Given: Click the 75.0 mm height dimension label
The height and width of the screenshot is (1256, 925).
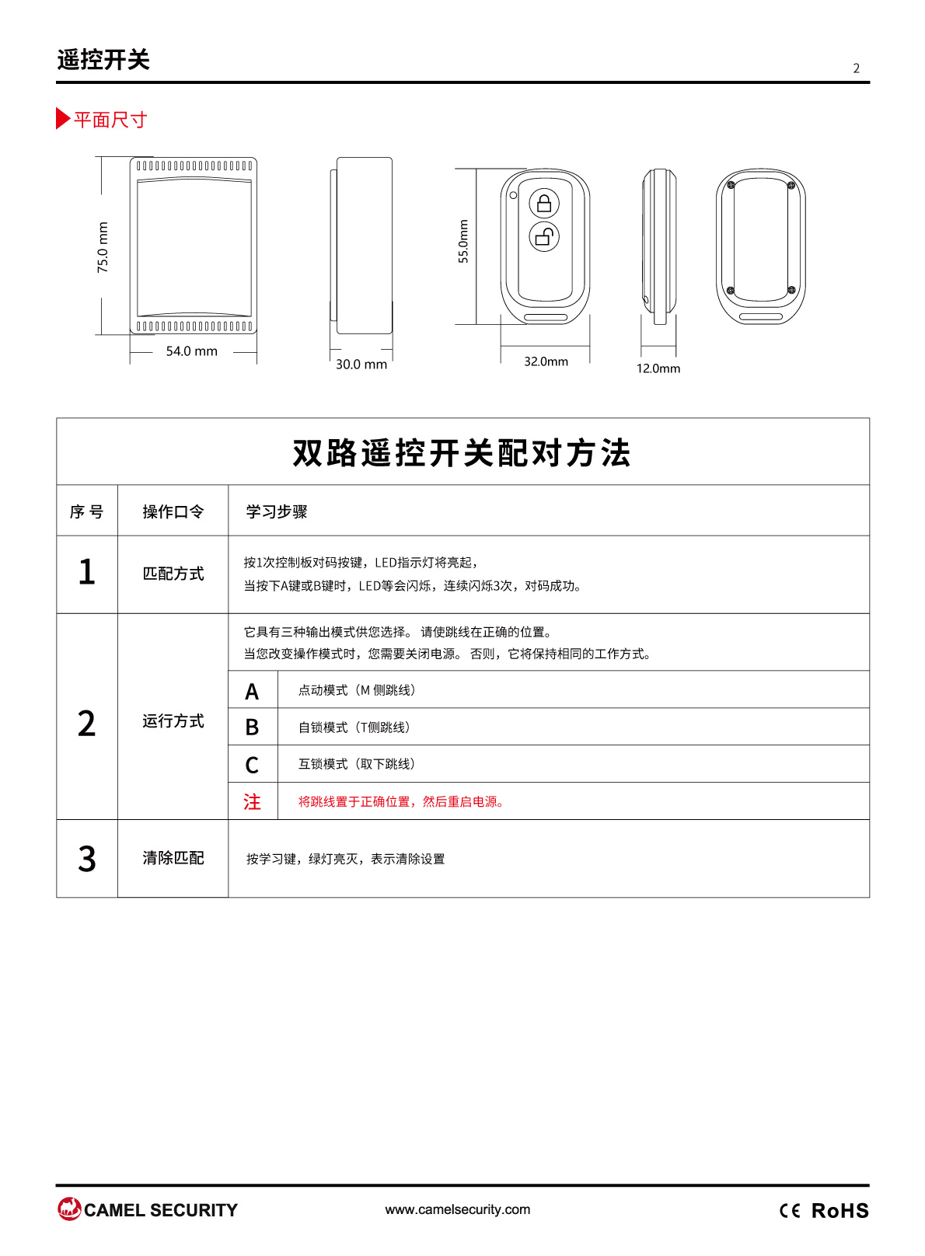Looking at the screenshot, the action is point(103,247).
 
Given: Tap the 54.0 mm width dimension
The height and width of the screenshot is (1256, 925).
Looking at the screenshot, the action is point(192,351).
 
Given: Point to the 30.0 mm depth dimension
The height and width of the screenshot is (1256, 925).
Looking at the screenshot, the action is point(361,365).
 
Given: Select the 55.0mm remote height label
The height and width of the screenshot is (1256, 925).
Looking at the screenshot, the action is point(463,241).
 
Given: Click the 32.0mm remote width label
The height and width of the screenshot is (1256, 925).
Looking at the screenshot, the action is point(546,361).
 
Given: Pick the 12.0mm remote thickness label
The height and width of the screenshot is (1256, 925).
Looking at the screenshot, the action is point(658,368).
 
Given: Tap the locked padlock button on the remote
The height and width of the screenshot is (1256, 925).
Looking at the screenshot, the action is point(544,203).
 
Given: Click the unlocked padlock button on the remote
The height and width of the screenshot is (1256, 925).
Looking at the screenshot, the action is point(544,236).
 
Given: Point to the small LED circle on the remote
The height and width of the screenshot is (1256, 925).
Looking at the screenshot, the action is point(513,195).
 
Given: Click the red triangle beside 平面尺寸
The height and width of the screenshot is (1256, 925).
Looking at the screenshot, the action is point(63,118).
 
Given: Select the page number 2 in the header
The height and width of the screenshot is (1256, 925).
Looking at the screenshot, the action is point(856,68).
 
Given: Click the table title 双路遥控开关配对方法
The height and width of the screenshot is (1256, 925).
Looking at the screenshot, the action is point(462,452).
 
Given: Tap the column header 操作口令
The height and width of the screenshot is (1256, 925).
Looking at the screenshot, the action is point(173,511).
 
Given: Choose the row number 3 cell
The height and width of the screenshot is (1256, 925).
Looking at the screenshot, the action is point(87,859).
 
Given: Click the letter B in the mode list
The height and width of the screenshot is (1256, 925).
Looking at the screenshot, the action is point(253,727).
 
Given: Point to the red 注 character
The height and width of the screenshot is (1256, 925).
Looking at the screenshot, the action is point(253,801).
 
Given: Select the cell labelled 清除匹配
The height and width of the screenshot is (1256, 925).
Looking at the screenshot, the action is point(173,858).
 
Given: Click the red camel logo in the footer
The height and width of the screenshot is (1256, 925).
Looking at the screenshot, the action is point(69,1209).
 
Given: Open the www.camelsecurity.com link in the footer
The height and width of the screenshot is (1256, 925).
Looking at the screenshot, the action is point(458,1209).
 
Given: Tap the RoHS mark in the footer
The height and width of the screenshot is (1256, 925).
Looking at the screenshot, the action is point(840,1211).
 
